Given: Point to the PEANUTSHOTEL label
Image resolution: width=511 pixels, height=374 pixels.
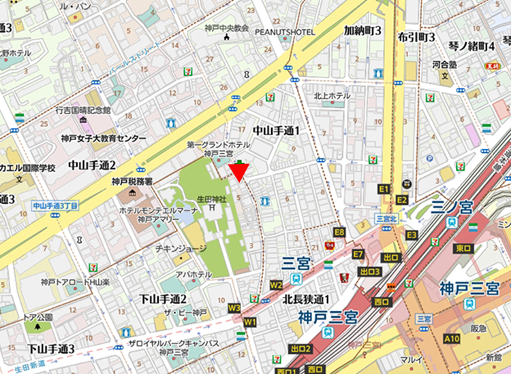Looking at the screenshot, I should (x=285, y=32).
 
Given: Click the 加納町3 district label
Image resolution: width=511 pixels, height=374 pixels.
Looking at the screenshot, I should (x=362, y=31).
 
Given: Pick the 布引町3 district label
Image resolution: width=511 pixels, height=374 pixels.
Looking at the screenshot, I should (x=416, y=37).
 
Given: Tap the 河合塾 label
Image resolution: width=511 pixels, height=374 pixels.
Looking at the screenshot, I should (x=444, y=65).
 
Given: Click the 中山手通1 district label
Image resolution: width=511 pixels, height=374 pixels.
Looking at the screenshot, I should (x=276, y=129).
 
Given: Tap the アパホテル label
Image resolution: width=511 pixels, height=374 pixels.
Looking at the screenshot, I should (x=193, y=275).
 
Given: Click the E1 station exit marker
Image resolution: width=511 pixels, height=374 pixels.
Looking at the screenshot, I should (x=383, y=188).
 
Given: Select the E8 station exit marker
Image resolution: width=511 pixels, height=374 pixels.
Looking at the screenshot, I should (x=339, y=233).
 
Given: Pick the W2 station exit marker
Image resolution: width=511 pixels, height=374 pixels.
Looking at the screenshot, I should (x=276, y=284).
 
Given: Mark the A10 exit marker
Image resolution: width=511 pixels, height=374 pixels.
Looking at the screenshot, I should (x=451, y=338).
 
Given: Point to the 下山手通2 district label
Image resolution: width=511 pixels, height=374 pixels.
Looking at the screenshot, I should (x=163, y=299).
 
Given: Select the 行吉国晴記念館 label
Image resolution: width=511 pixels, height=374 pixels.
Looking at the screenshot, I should (x=83, y=109).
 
